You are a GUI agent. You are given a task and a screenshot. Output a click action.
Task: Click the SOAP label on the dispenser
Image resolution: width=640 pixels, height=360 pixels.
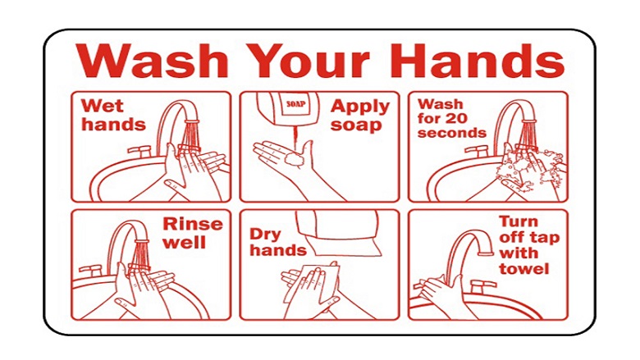296,104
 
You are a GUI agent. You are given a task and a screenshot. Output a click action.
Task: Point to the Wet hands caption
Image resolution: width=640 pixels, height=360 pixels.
113,115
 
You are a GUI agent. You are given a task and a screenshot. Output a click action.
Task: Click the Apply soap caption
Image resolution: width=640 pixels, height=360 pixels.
360,116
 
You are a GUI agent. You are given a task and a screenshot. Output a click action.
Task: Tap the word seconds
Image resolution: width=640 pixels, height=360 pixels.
452,133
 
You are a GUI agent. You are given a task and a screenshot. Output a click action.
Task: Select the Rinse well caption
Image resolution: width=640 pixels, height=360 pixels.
193,233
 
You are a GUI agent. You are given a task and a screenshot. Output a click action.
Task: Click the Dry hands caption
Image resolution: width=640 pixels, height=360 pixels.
278,242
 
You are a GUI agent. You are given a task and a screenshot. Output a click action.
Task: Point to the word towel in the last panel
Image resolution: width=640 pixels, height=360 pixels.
523,269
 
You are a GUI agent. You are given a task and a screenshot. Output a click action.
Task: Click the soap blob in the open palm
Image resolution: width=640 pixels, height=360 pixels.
295,160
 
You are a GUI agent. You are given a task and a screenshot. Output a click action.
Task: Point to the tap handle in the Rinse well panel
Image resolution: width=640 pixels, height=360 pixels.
90,270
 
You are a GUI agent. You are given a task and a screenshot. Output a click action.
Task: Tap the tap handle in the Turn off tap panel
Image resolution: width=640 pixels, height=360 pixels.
483,286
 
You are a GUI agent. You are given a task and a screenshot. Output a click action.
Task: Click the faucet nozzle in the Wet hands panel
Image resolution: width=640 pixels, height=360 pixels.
192,121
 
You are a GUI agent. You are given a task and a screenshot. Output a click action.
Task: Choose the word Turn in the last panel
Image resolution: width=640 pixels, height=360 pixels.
519,221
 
